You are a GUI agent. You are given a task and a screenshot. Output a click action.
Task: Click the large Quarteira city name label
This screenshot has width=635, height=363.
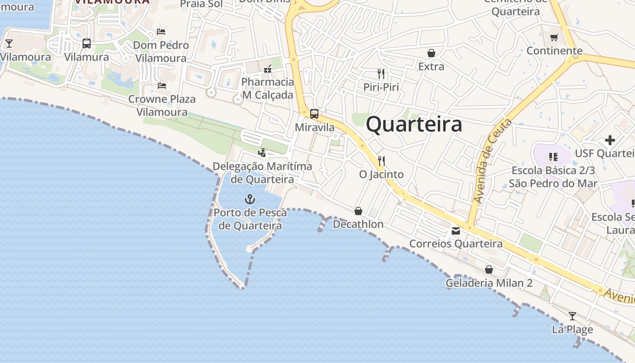[x=414, y=124]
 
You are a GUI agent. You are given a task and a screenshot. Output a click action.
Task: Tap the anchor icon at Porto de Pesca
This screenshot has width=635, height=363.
[x=249, y=199]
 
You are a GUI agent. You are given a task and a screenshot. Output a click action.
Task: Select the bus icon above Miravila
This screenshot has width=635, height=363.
[x=314, y=114]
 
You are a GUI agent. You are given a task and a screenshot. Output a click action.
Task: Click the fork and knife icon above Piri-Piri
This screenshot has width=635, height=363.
[x=381, y=74]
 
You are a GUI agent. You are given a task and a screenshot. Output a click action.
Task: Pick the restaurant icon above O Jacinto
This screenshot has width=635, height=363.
[x=381, y=161]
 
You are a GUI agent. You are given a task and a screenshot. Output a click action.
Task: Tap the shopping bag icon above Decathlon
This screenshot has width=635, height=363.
[x=358, y=211]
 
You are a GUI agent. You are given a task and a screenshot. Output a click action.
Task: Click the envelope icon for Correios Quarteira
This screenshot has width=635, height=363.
[x=455, y=231]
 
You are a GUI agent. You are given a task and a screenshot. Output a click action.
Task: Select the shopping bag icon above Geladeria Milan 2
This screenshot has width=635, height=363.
[x=489, y=270]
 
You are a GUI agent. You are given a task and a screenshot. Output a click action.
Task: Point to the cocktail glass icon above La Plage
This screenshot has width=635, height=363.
[x=572, y=316]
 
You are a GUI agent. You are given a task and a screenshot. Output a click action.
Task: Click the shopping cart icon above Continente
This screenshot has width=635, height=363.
[x=554, y=37]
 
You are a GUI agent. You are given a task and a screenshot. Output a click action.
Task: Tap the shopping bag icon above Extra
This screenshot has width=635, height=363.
[x=431, y=53]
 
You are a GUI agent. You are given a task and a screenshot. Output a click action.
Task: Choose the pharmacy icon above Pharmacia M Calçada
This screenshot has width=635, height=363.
[x=268, y=69]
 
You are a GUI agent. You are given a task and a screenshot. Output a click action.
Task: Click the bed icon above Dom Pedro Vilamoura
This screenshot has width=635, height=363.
[x=161, y=32]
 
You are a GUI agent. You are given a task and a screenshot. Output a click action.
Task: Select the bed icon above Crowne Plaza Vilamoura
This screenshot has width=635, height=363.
[x=162, y=85]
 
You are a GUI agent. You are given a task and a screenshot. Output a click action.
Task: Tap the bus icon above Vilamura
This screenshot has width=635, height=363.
[x=86, y=44]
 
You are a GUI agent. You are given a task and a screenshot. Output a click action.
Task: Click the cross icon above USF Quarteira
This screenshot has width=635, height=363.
[x=610, y=140]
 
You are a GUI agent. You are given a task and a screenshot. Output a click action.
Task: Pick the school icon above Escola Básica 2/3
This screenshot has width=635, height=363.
[x=553, y=157]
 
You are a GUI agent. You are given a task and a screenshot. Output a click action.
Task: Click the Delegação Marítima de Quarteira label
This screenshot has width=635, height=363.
[x=262, y=172]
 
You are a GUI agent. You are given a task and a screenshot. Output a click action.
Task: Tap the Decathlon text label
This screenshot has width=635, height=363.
[x=358, y=224]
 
